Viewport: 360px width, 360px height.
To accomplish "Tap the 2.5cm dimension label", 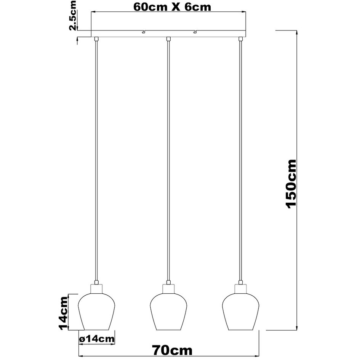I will click(x=72, y=16).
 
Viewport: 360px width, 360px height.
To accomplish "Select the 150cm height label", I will click(x=291, y=183).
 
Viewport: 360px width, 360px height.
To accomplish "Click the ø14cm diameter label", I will click(x=96, y=338).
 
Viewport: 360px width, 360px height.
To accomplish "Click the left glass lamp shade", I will click(x=96, y=311).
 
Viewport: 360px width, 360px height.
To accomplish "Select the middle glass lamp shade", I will click(x=168, y=311).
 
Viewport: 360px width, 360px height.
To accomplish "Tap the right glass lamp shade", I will click(x=240, y=311).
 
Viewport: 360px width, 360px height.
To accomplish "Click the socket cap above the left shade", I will click(x=96, y=288).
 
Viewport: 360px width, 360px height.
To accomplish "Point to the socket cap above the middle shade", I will click(x=168, y=288).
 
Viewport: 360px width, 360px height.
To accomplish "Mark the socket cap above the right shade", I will click(x=240, y=288).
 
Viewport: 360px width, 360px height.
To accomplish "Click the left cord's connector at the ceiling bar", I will click(x=96, y=38).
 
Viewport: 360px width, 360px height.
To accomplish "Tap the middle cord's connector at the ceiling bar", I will click(x=168, y=38).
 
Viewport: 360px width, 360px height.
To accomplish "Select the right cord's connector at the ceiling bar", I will click(x=240, y=38).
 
